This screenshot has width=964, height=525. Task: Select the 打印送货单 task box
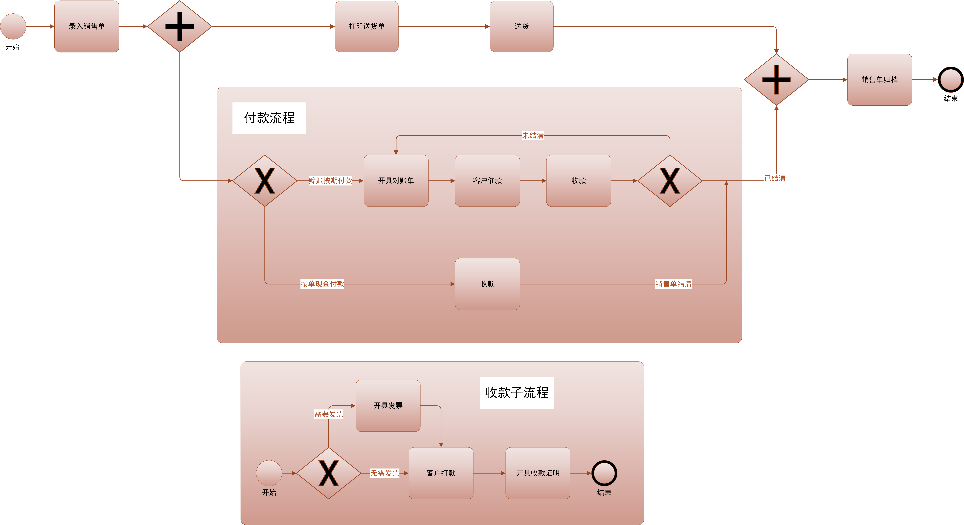pos(366,26)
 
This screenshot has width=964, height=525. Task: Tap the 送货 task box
pos(521,26)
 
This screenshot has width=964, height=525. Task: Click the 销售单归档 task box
pos(879,79)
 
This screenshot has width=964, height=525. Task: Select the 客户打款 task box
pos(441,473)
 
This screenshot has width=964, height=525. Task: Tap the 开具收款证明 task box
pos(538,473)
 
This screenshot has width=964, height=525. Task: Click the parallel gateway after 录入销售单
pos(180,26)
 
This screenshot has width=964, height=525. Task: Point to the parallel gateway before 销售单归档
pos(777,79)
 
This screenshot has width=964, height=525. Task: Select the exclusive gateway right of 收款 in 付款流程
pos(670,181)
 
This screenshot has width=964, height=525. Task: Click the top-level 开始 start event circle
pos(13,26)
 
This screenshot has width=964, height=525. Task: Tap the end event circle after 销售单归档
pos(951,79)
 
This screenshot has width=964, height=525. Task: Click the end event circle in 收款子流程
pos(604,473)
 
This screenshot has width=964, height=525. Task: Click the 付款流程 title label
pos(269,118)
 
